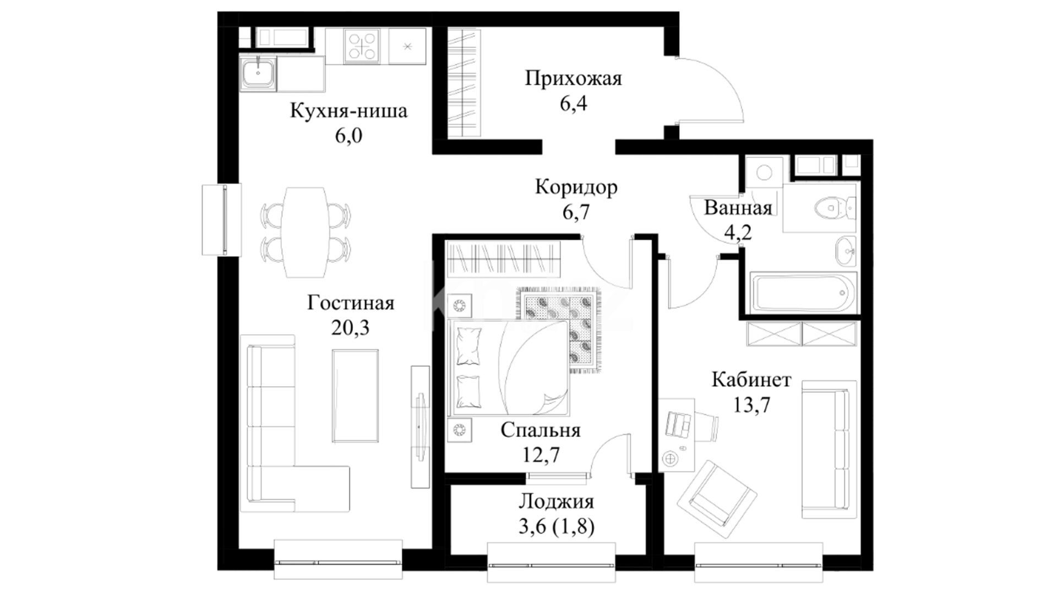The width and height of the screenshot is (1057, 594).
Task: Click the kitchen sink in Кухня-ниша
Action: pos(258,74)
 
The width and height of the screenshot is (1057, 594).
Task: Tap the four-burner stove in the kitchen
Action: pos(362,46)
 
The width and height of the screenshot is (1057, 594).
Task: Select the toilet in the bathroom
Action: pos(835,208)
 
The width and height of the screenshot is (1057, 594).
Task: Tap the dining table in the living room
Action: pos(304,232)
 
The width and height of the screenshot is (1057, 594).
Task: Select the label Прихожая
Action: pos(573,79)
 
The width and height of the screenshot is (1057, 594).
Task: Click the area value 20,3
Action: pos(350,328)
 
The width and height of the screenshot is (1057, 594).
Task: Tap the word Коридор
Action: pos(576,188)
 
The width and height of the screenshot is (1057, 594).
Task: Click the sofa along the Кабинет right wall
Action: pos(829,449)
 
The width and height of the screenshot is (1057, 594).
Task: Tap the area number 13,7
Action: pos(751,405)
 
